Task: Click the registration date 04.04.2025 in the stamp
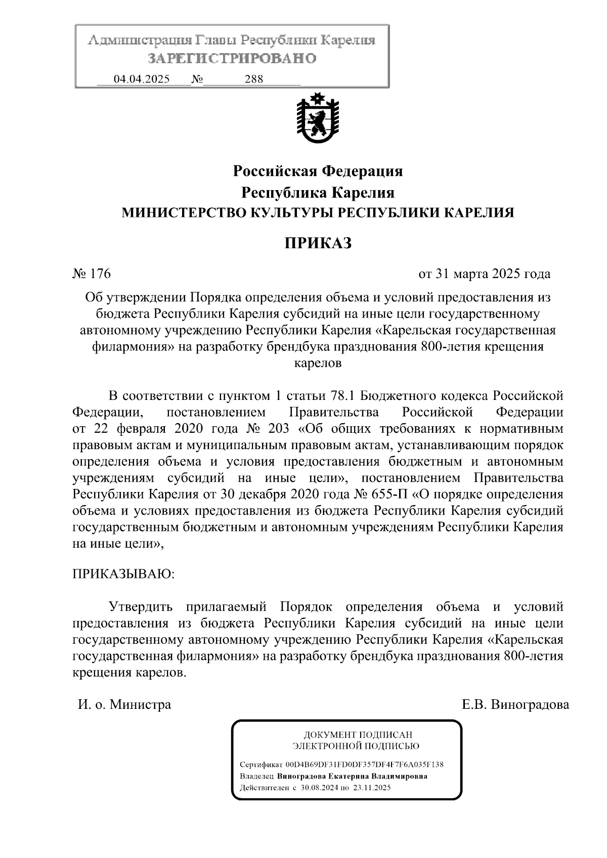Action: coord(142,79)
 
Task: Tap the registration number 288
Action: coord(253,79)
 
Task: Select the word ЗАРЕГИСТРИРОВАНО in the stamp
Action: coord(232,59)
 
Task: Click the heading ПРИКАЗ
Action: coord(318,243)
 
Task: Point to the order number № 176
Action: coord(92,274)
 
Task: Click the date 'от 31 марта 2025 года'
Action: coord(484,274)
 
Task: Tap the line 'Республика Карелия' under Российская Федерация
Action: coord(318,193)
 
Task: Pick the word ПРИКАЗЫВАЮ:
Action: coord(123,574)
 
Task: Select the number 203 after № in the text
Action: coord(276,428)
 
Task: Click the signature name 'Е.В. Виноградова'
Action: coord(515,704)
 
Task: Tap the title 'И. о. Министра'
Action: coord(124,704)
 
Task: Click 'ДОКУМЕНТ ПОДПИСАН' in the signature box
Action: coord(358,735)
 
